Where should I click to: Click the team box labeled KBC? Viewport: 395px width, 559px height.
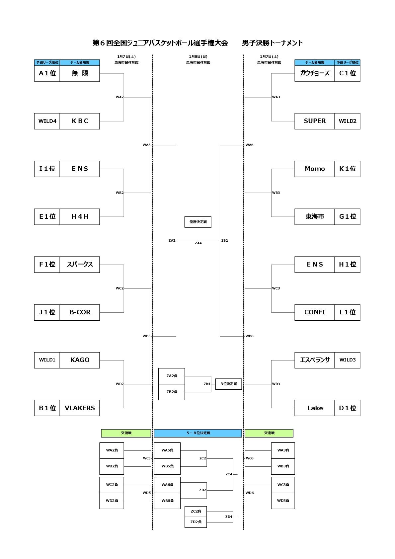click(80, 121)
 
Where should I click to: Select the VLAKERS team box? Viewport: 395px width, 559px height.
click(80, 408)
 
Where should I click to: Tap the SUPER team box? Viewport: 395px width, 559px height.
click(315, 121)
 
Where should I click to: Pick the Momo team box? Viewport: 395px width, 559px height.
click(315, 169)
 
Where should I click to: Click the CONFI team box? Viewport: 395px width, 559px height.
click(315, 312)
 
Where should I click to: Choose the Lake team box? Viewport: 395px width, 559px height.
click(315, 408)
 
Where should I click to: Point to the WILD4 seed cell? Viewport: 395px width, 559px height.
click(47, 121)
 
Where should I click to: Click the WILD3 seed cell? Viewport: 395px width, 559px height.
click(347, 360)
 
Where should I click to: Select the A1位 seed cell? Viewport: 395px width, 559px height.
click(47, 73)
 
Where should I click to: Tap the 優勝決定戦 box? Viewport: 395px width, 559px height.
click(198, 222)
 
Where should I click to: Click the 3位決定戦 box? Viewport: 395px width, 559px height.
click(229, 384)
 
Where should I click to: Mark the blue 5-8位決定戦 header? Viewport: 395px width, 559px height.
click(198, 433)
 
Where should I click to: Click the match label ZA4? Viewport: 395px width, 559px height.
click(198, 243)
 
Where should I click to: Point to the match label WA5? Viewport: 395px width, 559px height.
click(146, 145)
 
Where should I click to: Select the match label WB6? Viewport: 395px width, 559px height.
click(250, 336)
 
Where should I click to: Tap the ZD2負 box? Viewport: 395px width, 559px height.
click(196, 522)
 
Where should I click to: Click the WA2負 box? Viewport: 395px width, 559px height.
click(112, 450)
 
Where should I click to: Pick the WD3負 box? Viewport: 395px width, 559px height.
click(283, 501)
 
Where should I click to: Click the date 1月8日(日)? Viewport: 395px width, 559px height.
click(198, 57)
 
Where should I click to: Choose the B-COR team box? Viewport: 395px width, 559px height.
click(80, 312)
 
